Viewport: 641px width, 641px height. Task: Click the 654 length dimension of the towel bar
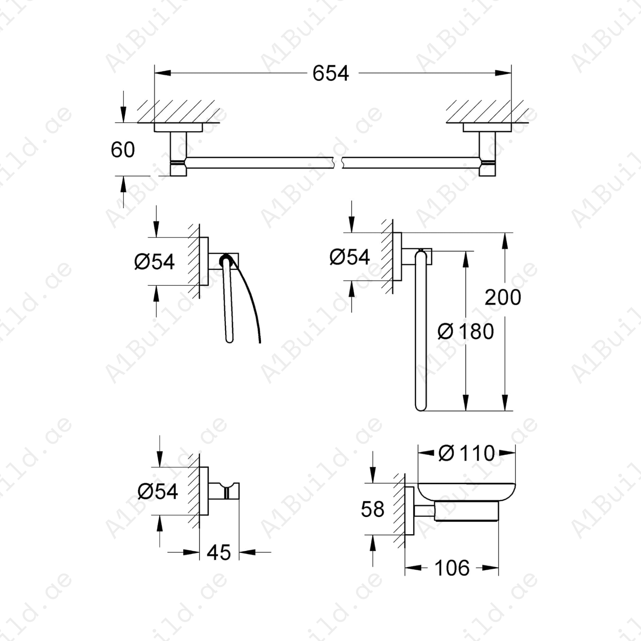(x=330, y=74)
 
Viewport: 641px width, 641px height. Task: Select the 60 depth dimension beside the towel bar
(x=123, y=150)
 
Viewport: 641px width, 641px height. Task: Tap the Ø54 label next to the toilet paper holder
(x=155, y=262)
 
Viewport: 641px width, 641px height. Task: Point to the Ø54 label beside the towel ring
(x=349, y=257)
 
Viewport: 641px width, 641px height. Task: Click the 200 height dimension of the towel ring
(x=503, y=297)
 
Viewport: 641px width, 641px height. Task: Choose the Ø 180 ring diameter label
(x=465, y=332)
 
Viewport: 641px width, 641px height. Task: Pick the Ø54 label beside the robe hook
(x=157, y=491)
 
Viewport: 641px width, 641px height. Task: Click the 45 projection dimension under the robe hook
(x=219, y=552)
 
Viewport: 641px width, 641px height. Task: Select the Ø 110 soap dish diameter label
(x=467, y=453)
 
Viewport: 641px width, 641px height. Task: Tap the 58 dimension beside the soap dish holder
(x=372, y=509)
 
